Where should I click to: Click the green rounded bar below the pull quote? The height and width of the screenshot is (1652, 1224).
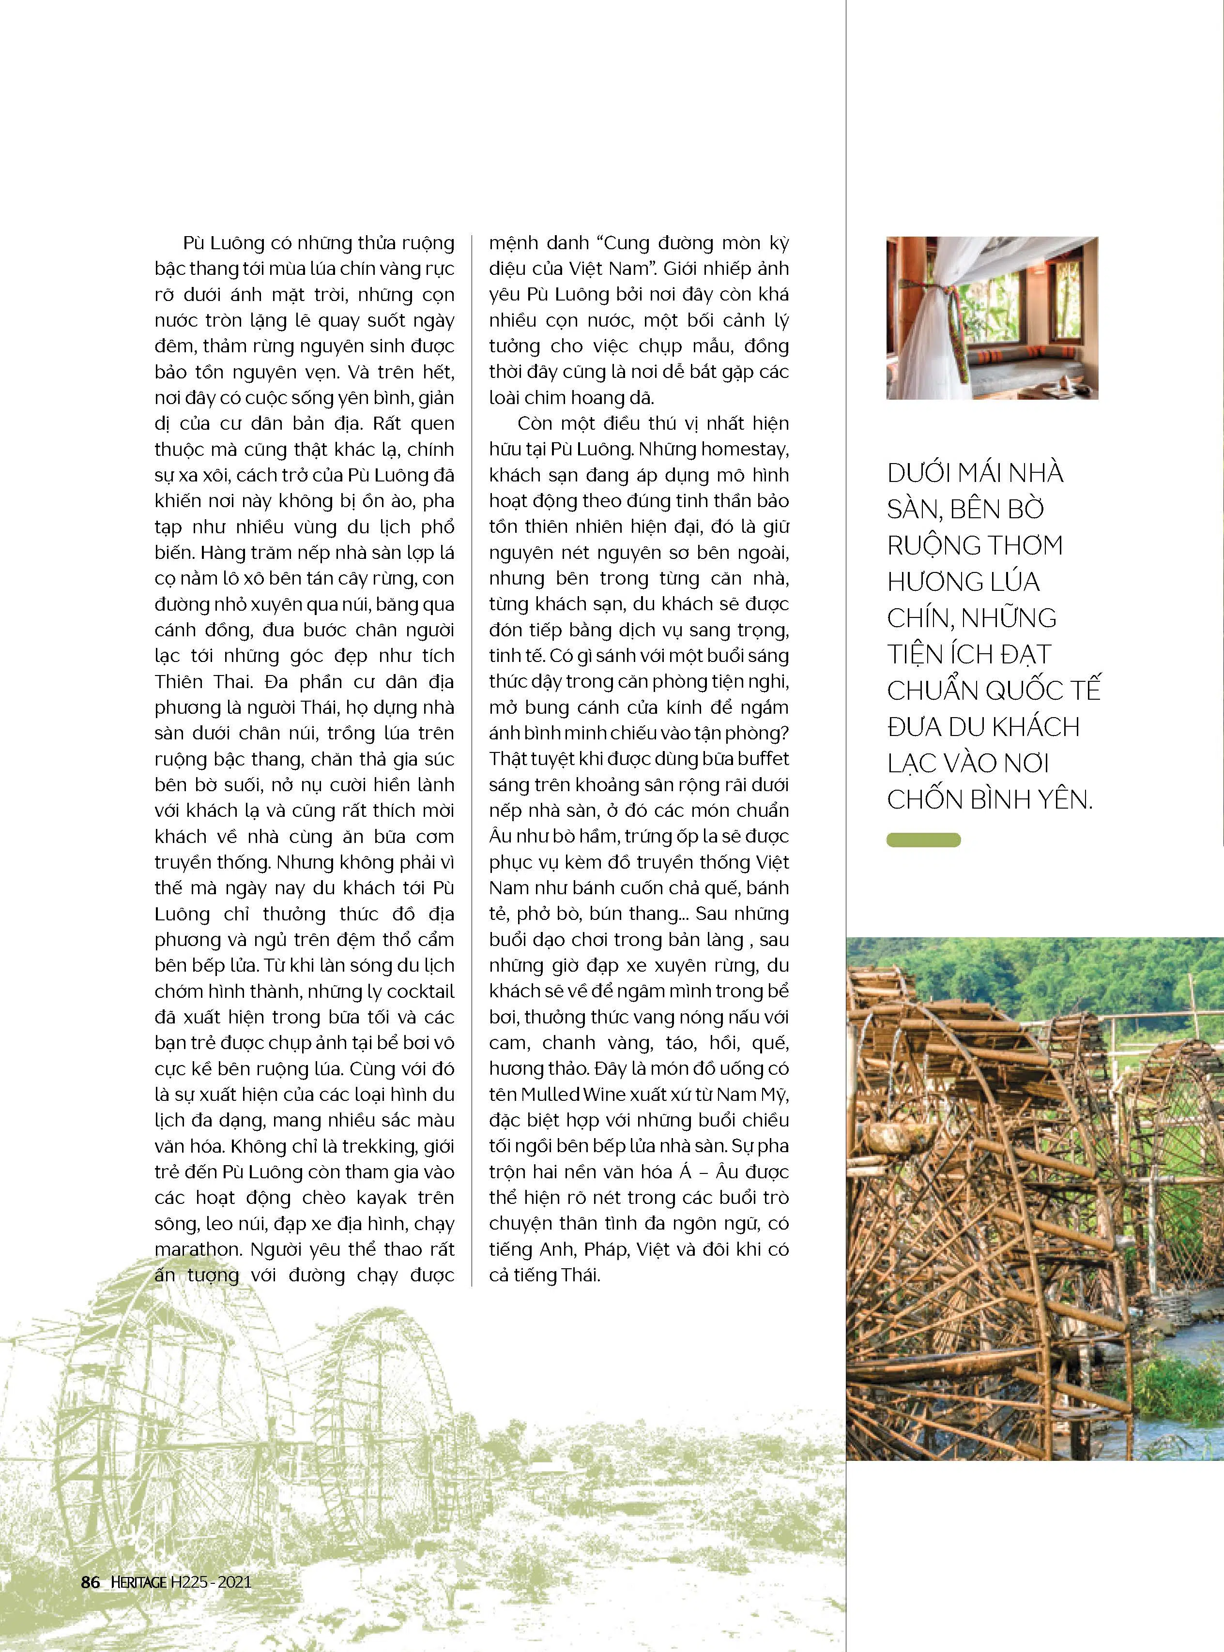pos(923,840)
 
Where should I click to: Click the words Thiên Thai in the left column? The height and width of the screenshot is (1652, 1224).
pos(199,682)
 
